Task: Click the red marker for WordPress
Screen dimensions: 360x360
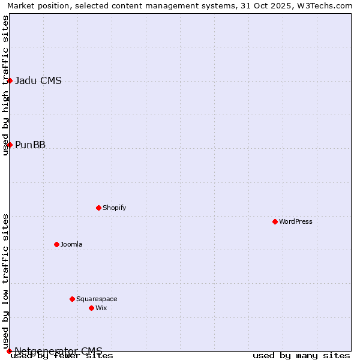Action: pos(275,221)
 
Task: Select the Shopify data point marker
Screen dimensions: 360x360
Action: pos(98,208)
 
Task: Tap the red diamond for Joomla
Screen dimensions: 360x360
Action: pos(56,244)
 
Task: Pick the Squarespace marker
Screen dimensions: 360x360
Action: pos(72,299)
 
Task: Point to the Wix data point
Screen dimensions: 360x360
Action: pos(91,308)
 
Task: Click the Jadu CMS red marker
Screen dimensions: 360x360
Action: pos(10,80)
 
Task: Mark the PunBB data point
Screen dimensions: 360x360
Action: pos(10,145)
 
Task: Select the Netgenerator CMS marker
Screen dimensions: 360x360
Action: pos(9,351)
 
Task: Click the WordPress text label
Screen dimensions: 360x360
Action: pos(296,221)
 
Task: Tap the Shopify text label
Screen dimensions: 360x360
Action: pos(114,208)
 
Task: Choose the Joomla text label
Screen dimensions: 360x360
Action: pos(71,244)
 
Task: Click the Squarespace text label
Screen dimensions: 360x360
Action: pos(97,299)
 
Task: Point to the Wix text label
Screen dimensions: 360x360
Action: pos(101,308)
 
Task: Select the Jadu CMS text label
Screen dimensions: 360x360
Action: pos(38,81)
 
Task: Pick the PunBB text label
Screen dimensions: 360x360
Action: pos(30,145)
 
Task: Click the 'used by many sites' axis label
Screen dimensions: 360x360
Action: pos(301,355)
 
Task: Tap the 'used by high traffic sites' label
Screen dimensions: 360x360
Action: pos(5,85)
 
